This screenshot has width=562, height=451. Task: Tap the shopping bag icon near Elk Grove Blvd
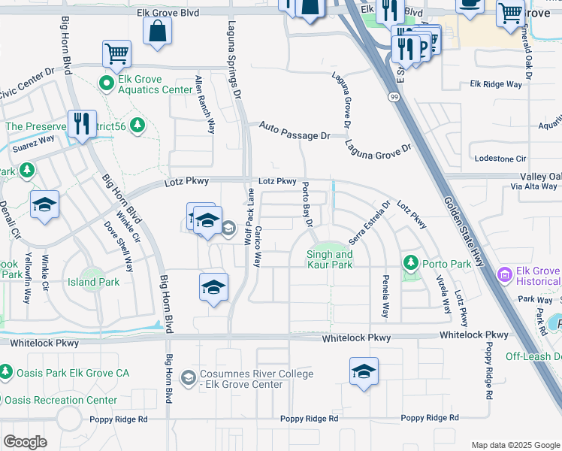[158, 32]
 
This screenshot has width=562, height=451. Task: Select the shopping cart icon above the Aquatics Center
[117, 53]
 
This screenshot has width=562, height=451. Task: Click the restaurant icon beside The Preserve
[82, 123]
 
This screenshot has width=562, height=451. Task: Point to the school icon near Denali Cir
[45, 205]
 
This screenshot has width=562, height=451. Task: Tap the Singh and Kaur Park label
[329, 259]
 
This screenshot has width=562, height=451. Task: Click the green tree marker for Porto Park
[410, 263]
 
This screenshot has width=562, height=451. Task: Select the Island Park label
[98, 283]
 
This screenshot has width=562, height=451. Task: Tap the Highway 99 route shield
[394, 97]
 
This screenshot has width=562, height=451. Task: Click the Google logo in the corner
[25, 441]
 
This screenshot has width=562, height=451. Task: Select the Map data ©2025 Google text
[515, 445]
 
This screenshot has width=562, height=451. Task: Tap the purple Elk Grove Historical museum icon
[503, 275]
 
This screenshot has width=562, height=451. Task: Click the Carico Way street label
[257, 247]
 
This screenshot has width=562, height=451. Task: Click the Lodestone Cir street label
[501, 159]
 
